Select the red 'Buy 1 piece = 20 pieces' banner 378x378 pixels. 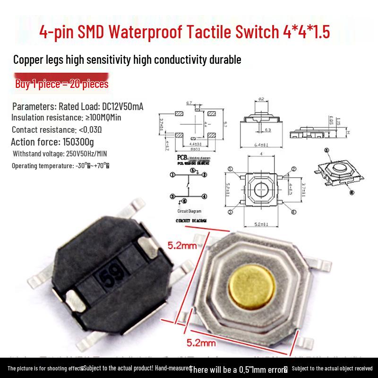point(62,84)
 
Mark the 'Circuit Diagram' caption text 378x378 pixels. point(189,211)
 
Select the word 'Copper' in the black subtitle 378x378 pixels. point(29,60)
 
